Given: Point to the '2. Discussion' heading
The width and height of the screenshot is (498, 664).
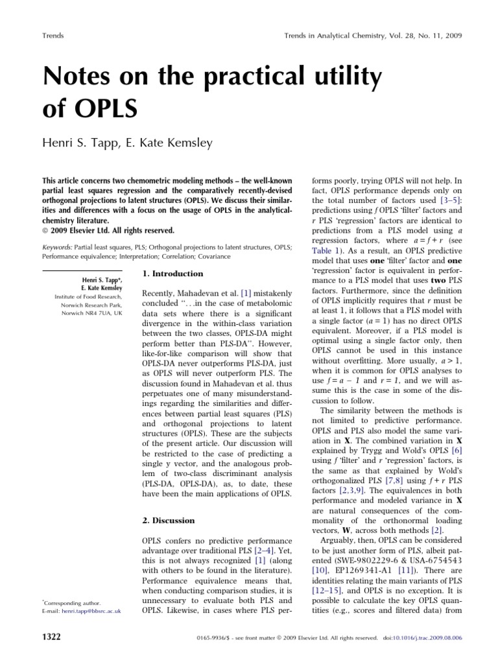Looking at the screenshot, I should click(168, 520).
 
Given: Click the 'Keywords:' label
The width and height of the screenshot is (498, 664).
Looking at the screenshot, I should click(57, 229).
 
